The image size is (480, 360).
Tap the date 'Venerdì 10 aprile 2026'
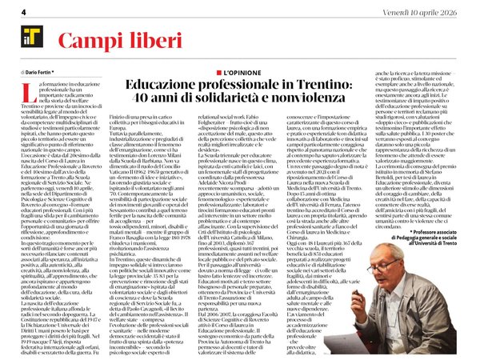click(x=429, y=10)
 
